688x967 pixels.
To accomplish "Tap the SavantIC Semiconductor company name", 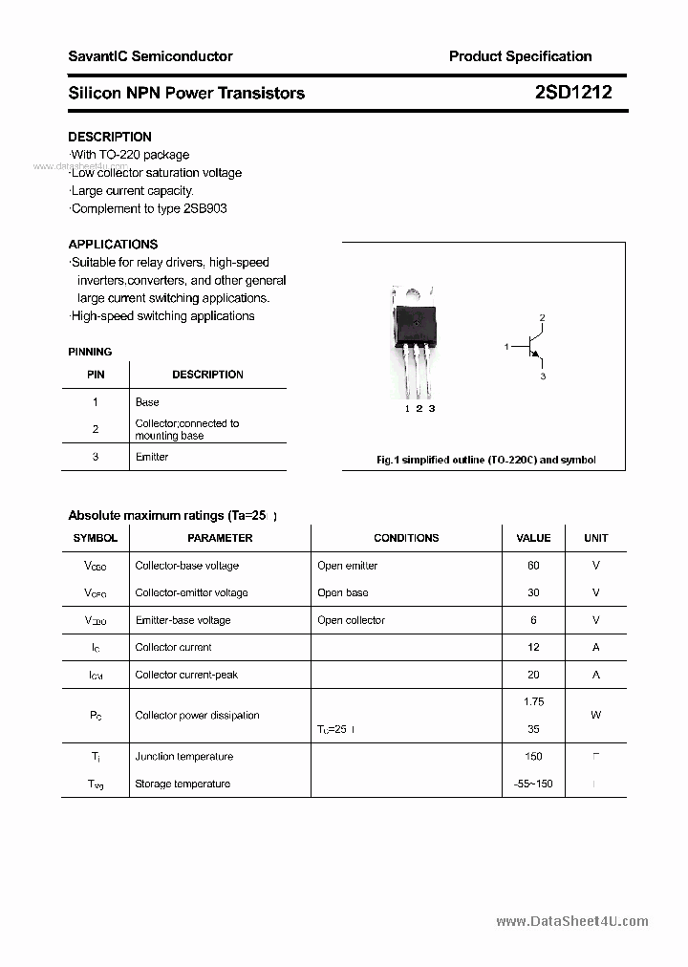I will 150,56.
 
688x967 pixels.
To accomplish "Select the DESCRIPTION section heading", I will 110,137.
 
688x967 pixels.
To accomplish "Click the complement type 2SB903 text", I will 204,208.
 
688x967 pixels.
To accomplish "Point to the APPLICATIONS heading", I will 113,244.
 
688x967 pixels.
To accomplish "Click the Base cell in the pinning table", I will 147,402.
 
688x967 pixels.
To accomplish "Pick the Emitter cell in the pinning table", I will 152,457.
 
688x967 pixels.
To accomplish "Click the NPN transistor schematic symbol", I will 530,348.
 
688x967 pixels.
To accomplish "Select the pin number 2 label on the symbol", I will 542,317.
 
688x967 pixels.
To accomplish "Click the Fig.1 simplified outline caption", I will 485,460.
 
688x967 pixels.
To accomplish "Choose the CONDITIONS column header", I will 406,538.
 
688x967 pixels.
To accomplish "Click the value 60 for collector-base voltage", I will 533,566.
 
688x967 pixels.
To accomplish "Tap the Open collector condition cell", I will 351,620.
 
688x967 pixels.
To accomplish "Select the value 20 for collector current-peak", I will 533,675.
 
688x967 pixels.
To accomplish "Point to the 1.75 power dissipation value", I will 533,701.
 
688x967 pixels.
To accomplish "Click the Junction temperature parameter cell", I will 184,757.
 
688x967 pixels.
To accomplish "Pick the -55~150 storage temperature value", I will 533,784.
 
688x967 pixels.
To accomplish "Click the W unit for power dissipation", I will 595,715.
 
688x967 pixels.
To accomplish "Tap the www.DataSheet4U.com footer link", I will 572,921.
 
